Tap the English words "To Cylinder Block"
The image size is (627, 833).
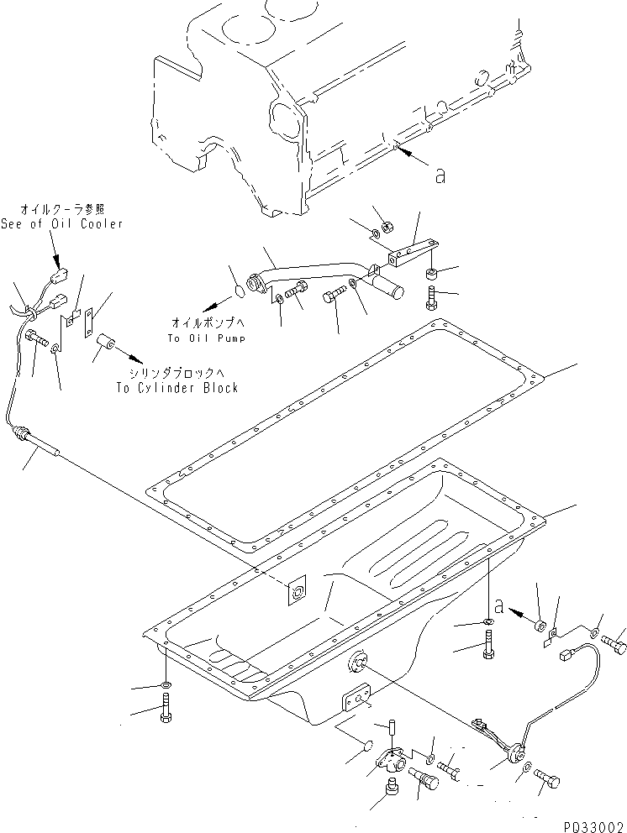click(x=177, y=387)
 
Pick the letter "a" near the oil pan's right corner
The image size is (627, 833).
click(x=501, y=605)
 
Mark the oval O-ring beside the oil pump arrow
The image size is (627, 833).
click(x=239, y=291)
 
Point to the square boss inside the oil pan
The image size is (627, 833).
click(x=297, y=593)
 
